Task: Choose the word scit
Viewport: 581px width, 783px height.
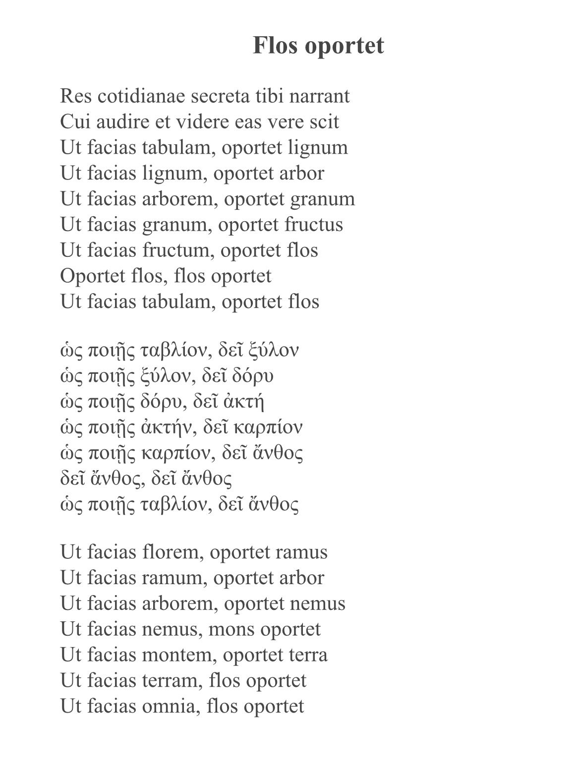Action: [324, 121]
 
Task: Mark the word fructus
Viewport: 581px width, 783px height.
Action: [314, 224]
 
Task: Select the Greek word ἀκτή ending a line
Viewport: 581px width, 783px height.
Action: [243, 402]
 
